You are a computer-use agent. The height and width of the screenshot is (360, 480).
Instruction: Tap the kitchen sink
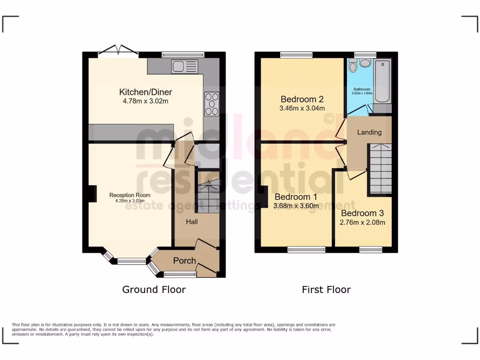click(185, 67)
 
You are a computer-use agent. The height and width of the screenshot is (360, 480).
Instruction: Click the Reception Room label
click(130, 195)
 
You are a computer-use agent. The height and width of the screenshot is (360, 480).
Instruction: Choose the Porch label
click(184, 261)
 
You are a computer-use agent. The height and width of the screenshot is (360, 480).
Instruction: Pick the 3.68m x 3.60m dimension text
click(296, 206)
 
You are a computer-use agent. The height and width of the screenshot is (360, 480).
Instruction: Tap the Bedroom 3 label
click(362, 214)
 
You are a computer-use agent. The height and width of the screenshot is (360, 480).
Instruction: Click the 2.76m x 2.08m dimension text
click(362, 222)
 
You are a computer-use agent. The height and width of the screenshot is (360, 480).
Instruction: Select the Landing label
click(369, 132)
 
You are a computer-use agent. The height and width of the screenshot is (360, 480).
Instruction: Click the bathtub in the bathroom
click(382, 82)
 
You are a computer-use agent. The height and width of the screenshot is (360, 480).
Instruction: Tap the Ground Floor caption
click(154, 290)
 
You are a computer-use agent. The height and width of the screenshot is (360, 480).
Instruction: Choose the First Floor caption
click(326, 290)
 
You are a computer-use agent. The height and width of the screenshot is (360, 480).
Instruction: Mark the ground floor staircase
click(207, 192)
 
